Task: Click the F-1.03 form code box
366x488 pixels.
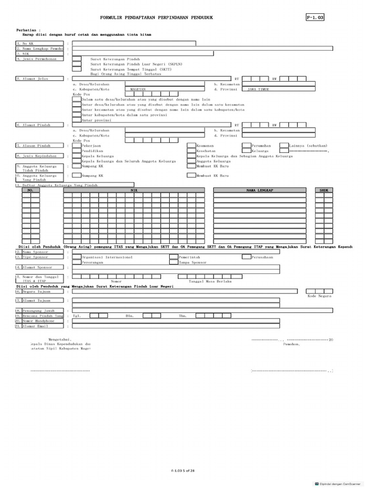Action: tap(315, 18)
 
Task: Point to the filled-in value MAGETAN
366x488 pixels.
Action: tap(138, 89)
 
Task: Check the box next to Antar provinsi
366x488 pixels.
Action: tap(76, 120)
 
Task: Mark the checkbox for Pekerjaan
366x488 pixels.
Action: tap(76, 145)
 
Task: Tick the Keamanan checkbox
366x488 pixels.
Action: tap(191, 145)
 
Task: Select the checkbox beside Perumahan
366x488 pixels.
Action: tap(246, 145)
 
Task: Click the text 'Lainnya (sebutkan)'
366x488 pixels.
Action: tap(310, 145)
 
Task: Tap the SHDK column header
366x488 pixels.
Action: tap(324, 190)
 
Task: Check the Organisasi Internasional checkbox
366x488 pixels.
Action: tap(76, 257)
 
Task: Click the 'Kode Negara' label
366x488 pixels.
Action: tap(320, 296)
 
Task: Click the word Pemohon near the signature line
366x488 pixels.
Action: tap(291, 343)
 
